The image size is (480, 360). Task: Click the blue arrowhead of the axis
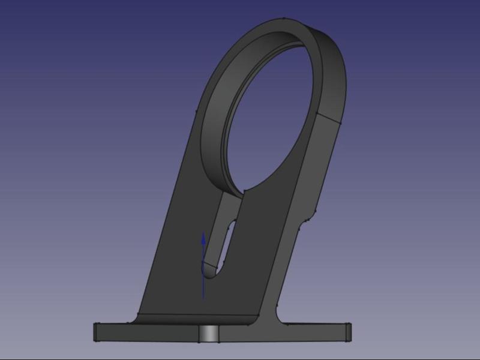203,239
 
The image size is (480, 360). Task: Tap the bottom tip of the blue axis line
203,298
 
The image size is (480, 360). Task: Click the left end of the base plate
96,331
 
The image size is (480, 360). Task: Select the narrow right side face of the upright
294,240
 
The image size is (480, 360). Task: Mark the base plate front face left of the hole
150,332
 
